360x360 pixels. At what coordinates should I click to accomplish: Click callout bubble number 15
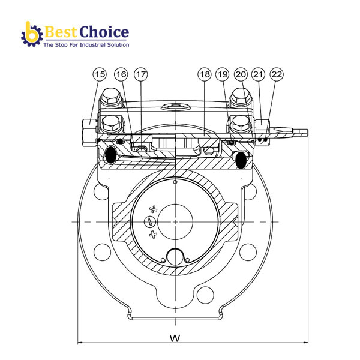(100, 74)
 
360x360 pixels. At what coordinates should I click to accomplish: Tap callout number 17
(140, 74)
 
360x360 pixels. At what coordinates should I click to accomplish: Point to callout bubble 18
(204, 74)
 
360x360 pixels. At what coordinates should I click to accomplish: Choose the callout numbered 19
(223, 74)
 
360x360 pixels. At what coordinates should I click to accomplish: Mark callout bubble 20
(241, 74)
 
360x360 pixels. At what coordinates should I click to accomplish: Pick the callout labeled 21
(259, 74)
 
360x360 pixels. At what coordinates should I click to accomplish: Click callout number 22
(277, 74)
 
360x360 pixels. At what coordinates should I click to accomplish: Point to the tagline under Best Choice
(85, 44)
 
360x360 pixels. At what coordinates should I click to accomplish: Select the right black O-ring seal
(242, 159)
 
